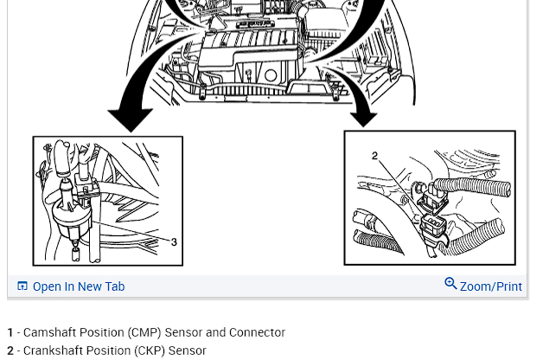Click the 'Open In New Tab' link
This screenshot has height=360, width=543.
pyautogui.click(x=78, y=286)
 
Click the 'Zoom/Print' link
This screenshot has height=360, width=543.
pyautogui.click(x=490, y=286)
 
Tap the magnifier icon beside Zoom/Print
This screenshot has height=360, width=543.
pyautogui.click(x=450, y=284)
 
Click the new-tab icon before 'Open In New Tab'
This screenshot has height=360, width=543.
pyautogui.click(x=22, y=286)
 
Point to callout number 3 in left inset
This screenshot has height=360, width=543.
pyautogui.click(x=174, y=242)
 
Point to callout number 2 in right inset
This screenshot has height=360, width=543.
pyautogui.click(x=374, y=156)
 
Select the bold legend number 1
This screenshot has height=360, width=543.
pyautogui.click(x=10, y=332)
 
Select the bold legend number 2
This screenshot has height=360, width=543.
pyautogui.click(x=10, y=350)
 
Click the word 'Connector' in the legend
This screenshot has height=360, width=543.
pyautogui.click(x=257, y=332)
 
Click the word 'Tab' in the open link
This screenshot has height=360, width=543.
pyautogui.click(x=114, y=286)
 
